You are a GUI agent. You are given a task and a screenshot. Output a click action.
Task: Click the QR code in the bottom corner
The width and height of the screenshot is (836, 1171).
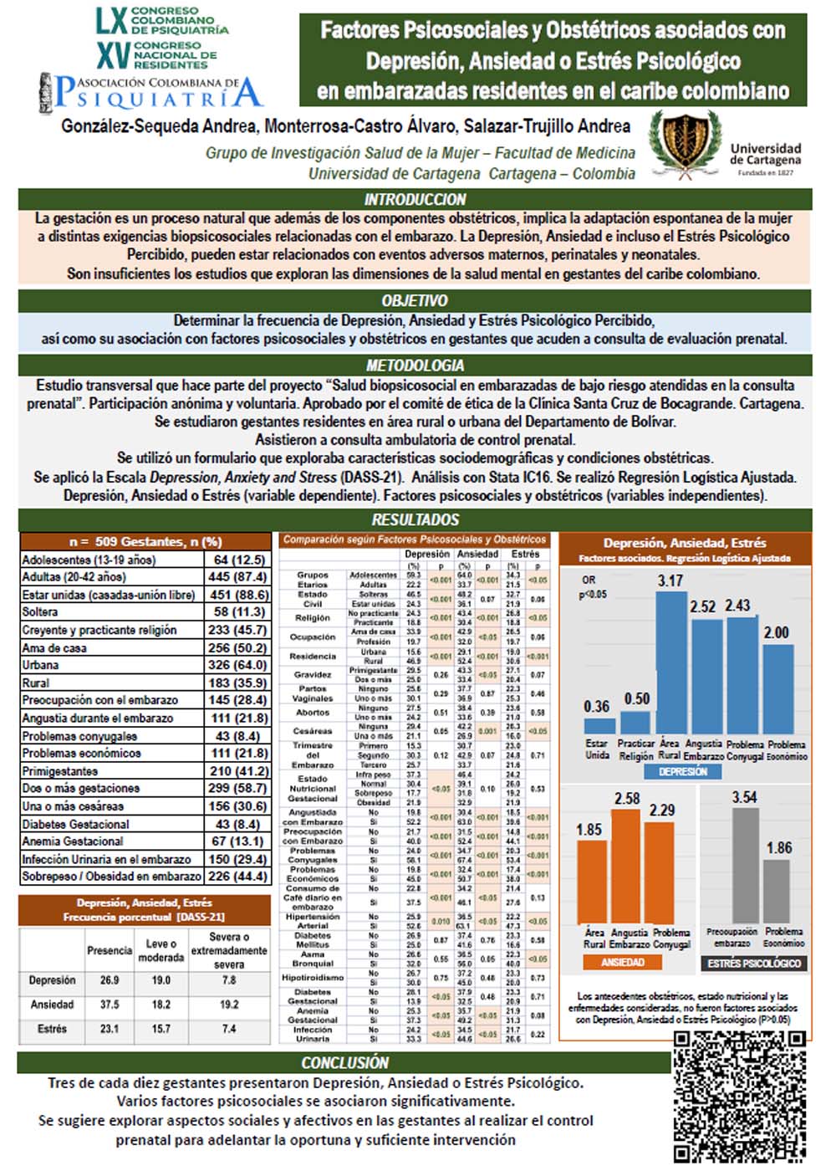[740, 1095]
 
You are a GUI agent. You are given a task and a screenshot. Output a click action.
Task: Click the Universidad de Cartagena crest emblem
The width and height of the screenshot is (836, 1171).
[686, 141]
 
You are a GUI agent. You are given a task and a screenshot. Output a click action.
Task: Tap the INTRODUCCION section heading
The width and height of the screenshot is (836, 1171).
[415, 199]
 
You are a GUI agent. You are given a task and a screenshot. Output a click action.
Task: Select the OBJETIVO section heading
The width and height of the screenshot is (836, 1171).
[415, 300]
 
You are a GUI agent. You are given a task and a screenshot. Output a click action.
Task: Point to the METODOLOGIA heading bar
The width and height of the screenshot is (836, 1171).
[415, 365]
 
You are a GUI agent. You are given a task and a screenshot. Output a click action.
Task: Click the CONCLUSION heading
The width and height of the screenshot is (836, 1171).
[344, 1062]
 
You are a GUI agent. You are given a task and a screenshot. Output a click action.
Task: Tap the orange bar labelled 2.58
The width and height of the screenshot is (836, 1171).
[628, 867]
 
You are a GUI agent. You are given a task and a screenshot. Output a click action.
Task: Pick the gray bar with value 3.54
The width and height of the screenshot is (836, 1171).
[744, 865]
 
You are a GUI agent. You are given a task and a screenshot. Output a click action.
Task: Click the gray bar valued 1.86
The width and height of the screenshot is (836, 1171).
[778, 891]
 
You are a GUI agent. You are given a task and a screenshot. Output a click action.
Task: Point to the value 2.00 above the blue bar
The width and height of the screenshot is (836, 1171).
[777, 632]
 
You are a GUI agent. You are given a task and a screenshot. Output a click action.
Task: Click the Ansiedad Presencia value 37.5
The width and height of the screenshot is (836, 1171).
[110, 1005]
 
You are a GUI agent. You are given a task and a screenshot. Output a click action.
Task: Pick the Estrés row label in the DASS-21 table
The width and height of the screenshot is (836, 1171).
[52, 1029]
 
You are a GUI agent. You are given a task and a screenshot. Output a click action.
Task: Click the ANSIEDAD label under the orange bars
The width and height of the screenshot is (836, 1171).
[623, 963]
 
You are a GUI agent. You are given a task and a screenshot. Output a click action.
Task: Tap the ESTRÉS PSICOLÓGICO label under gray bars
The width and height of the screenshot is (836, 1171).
[754, 964]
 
